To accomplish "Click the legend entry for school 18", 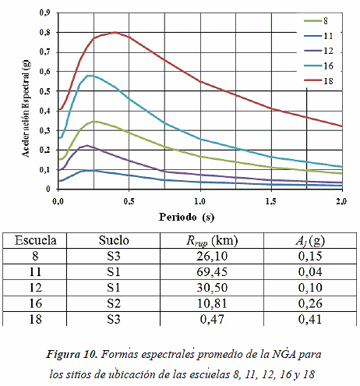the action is (319, 81).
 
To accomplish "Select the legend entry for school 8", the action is (316, 20).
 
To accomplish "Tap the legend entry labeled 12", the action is (319, 51).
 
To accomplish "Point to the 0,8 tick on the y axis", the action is (44, 33).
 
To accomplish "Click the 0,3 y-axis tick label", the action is (44, 130).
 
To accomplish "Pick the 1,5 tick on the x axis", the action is (271, 201).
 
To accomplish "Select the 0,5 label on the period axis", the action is (129, 201).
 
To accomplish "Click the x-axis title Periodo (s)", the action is (187, 217).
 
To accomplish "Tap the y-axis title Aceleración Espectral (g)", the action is (26, 108).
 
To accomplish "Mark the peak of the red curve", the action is (115, 33).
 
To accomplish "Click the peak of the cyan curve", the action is (90, 76).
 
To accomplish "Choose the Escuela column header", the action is (35, 240).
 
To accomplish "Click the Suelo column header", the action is (114, 240).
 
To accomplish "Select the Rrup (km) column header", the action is (212, 241).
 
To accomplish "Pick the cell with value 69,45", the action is (212, 272).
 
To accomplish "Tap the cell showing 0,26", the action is (310, 303).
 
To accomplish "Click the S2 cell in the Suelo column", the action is (114, 303).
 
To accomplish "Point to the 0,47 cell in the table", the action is (212, 319).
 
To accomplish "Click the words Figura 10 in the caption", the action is (72, 354).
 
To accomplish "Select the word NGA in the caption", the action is (284, 354).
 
